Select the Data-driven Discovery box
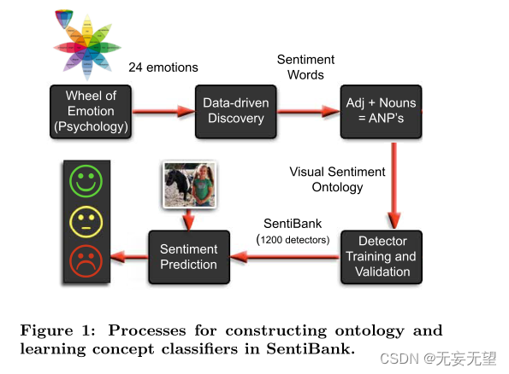pos(235,111)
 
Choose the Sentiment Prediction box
pos(189,257)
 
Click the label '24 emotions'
pos(163,67)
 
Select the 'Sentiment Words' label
pos(305,67)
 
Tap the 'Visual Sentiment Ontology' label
pos(337,179)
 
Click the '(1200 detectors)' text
pos(293,241)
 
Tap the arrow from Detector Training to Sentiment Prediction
pos(285,256)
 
